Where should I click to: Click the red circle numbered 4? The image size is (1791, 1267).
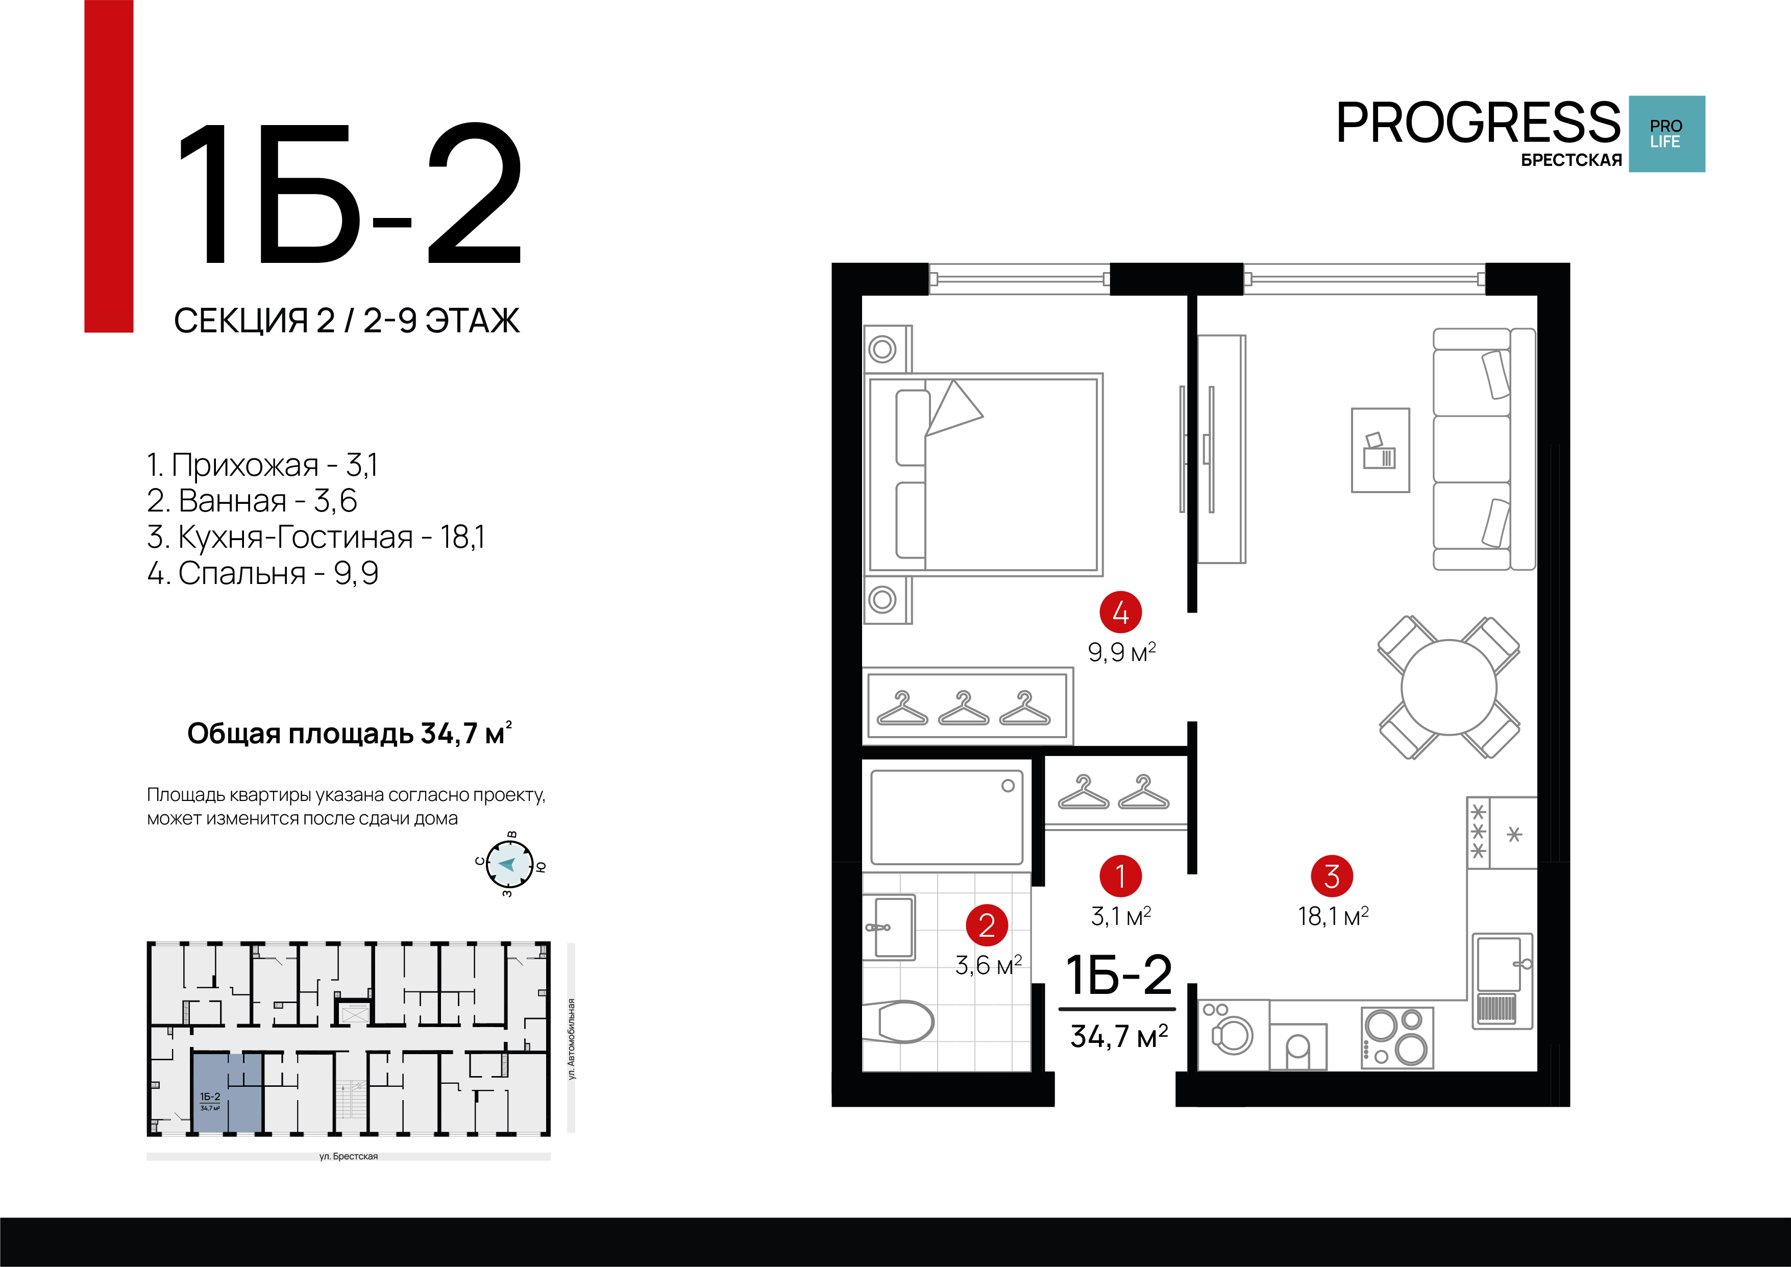click(x=1120, y=613)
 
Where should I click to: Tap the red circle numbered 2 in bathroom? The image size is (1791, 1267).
click(x=987, y=925)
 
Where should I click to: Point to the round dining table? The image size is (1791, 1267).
click(x=1449, y=687)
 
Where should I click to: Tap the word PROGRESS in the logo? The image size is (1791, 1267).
click(x=1478, y=123)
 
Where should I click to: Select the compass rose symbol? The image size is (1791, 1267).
click(x=509, y=864)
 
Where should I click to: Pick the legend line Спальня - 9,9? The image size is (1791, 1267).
click(x=263, y=573)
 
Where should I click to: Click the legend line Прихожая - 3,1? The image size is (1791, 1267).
click(x=262, y=465)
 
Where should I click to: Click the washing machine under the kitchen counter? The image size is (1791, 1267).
click(x=1233, y=1035)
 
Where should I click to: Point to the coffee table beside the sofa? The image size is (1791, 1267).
click(x=1380, y=450)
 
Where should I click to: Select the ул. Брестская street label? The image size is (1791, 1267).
click(x=348, y=1156)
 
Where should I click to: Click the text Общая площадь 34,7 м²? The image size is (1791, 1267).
click(x=349, y=734)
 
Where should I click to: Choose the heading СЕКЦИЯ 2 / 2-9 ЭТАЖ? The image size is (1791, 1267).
click(x=347, y=321)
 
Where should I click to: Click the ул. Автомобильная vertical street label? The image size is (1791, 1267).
click(x=571, y=1038)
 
